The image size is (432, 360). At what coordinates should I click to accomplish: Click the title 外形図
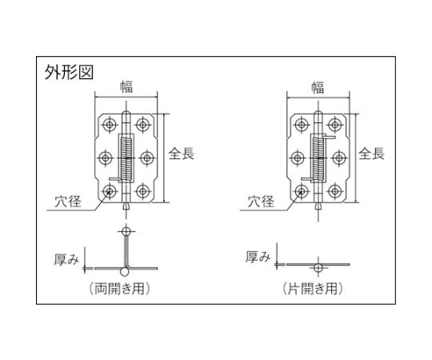pyautogui.click(x=69, y=73)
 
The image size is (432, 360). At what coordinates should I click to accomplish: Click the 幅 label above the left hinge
pyautogui.click(x=126, y=86)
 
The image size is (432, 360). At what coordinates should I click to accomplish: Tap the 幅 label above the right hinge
pyautogui.click(x=318, y=87)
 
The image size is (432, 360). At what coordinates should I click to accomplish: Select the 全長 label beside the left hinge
pyautogui.click(x=182, y=153)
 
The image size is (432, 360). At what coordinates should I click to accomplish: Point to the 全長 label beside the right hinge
pyautogui.click(x=372, y=153)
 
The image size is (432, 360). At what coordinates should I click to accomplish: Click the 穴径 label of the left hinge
pyautogui.click(x=68, y=201)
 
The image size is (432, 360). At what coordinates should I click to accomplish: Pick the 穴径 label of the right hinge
pyautogui.click(x=261, y=201)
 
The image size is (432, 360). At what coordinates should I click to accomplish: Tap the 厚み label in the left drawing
pyautogui.click(x=66, y=259)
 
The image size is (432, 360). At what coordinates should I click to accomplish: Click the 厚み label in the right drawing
pyautogui.click(x=258, y=257)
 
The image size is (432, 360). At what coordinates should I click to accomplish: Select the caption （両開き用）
pyautogui.click(x=119, y=289)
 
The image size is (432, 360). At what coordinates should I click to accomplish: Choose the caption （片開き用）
pyautogui.click(x=313, y=289)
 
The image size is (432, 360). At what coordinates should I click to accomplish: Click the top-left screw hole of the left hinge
pyautogui.click(x=110, y=125)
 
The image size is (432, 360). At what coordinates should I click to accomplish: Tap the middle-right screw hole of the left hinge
pyautogui.click(x=147, y=158)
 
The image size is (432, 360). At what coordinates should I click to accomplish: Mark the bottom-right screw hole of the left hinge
pyautogui.click(x=142, y=191)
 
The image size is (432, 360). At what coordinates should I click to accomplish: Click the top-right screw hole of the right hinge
pyautogui.click(x=334, y=125)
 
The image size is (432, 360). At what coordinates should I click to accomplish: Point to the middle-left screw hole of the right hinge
pyautogui.click(x=298, y=158)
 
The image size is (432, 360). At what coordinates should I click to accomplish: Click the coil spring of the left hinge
pyautogui.click(x=126, y=158)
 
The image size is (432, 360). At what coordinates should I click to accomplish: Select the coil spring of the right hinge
pyautogui.click(x=318, y=158)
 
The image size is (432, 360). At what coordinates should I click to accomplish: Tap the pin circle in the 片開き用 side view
pyautogui.click(x=318, y=267)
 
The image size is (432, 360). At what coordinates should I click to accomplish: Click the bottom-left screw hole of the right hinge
pyautogui.click(x=302, y=191)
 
